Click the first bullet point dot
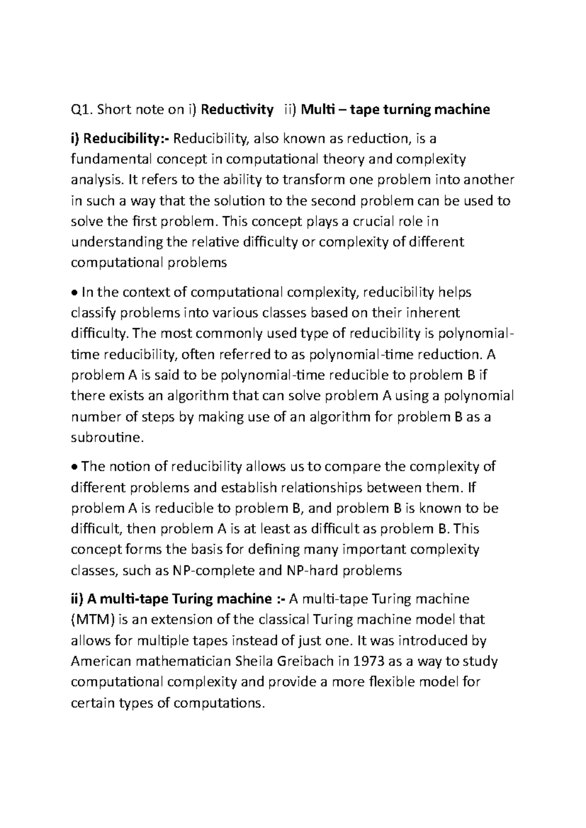74,293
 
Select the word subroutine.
107,438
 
